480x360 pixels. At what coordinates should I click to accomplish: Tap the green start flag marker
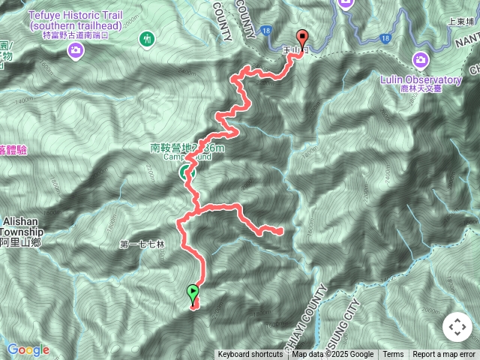pyautogui.click(x=193, y=292)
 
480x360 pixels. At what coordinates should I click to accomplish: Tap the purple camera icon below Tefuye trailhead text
pyautogui.click(x=75, y=50)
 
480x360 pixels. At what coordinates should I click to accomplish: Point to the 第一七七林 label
pyautogui.click(x=141, y=244)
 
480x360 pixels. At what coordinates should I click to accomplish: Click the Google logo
pyautogui.click(x=28, y=349)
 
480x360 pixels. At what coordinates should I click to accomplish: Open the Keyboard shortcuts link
pyautogui.click(x=250, y=355)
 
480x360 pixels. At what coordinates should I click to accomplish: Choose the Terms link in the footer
pyautogui.click(x=393, y=355)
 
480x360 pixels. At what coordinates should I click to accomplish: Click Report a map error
pyautogui.click(x=444, y=355)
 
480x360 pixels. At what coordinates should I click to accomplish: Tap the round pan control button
pyautogui.click(x=457, y=327)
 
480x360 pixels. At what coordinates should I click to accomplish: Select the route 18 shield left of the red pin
pyautogui.click(x=267, y=52)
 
